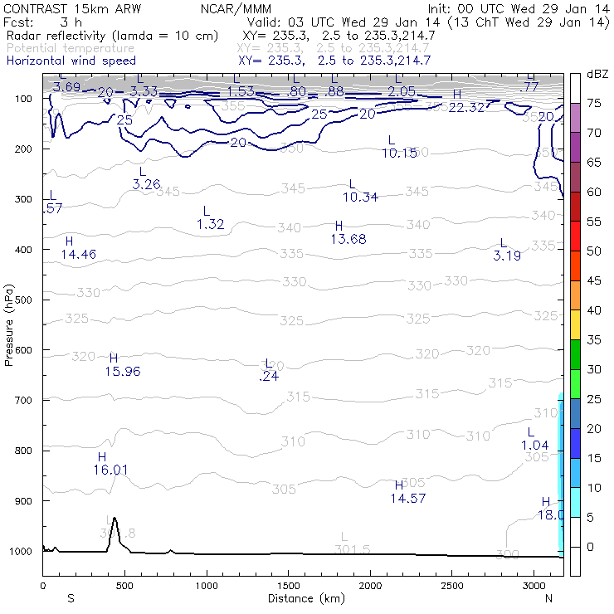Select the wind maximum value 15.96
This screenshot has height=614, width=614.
[123, 371]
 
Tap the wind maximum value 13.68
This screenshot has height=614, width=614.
[348, 239]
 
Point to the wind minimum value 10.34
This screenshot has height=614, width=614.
[361, 197]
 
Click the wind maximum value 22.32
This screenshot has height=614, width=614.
[466, 107]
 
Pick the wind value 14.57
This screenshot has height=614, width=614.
[408, 498]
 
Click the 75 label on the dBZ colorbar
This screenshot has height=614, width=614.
[594, 103]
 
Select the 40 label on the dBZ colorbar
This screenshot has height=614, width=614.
[594, 310]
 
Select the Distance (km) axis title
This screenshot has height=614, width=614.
[302, 598]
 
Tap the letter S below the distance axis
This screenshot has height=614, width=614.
[71, 598]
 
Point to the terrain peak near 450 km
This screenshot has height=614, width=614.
[114, 519]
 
